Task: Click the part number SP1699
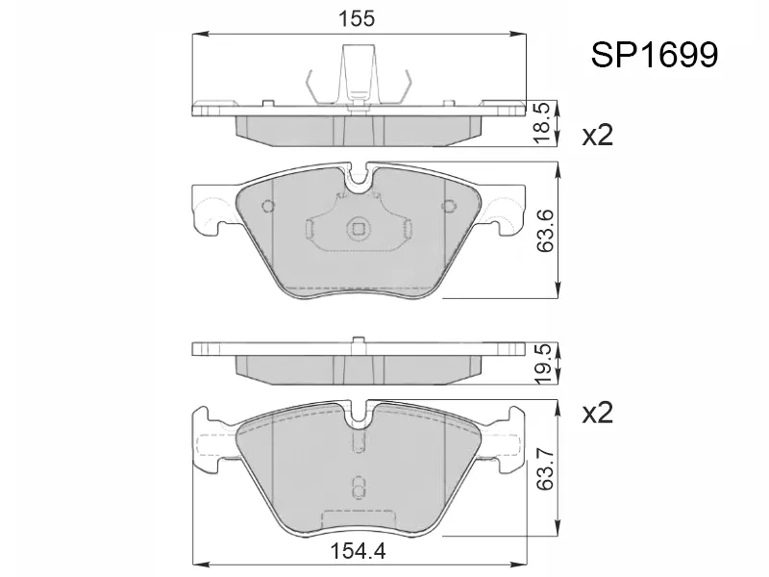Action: click(655, 55)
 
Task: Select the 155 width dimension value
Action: click(357, 18)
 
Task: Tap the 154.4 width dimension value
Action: click(358, 551)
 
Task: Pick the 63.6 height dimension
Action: click(544, 231)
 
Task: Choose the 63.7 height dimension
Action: click(544, 468)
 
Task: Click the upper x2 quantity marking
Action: click(597, 135)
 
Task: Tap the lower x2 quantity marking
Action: click(597, 414)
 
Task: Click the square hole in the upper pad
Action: click(358, 229)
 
